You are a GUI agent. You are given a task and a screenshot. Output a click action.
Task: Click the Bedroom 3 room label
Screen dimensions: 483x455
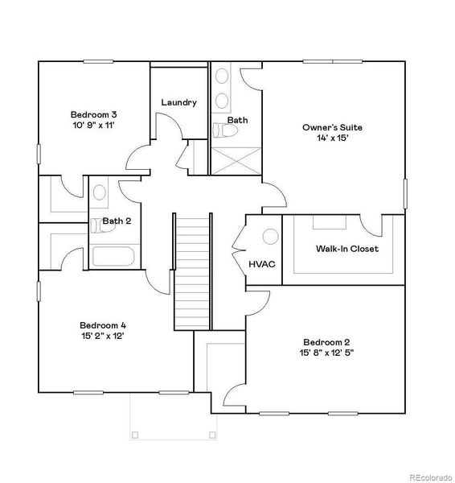click(x=93, y=114)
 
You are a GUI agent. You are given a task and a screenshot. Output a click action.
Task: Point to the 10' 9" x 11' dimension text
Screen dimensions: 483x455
click(x=93, y=126)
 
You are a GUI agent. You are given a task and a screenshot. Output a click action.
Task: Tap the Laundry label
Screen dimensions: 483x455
click(x=178, y=102)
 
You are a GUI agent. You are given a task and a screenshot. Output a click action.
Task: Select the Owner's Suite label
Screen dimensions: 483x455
click(x=332, y=127)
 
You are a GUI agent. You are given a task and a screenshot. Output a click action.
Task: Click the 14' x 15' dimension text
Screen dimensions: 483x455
click(x=332, y=138)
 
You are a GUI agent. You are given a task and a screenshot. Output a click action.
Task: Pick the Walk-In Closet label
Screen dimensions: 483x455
click(x=346, y=249)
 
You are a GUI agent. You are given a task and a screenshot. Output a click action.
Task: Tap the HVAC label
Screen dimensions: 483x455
click(x=262, y=263)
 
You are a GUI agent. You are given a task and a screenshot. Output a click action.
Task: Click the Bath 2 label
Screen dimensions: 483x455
click(x=117, y=221)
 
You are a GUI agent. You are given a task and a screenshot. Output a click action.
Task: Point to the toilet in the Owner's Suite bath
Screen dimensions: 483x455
click(x=219, y=130)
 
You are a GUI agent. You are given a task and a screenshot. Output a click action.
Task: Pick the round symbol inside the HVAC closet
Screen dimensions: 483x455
click(x=271, y=236)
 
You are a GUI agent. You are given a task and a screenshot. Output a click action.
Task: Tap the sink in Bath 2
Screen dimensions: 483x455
click(x=99, y=192)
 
